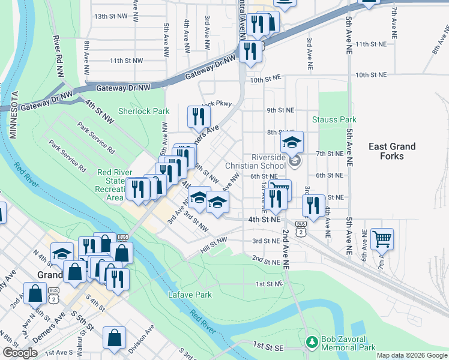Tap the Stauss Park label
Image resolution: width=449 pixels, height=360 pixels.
(334, 119)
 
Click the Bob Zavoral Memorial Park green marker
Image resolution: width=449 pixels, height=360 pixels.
(312, 342)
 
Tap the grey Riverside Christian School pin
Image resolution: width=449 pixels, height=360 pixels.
(294, 161)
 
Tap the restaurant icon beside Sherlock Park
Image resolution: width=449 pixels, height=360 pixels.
(197, 116)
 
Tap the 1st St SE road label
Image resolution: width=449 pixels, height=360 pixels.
(267, 346)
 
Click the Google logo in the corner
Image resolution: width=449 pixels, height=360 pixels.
(20, 353)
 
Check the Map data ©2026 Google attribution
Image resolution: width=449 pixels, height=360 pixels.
(412, 355)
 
